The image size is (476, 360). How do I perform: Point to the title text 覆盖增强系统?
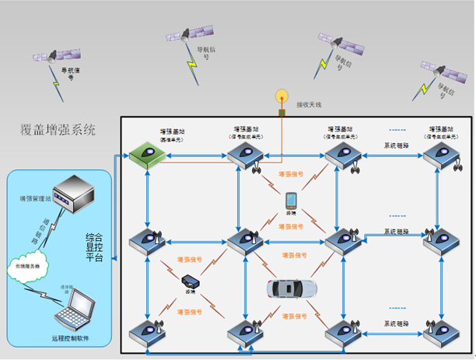[59, 130]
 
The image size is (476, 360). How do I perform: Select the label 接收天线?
[309, 104]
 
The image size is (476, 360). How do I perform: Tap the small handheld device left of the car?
[191, 281]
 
